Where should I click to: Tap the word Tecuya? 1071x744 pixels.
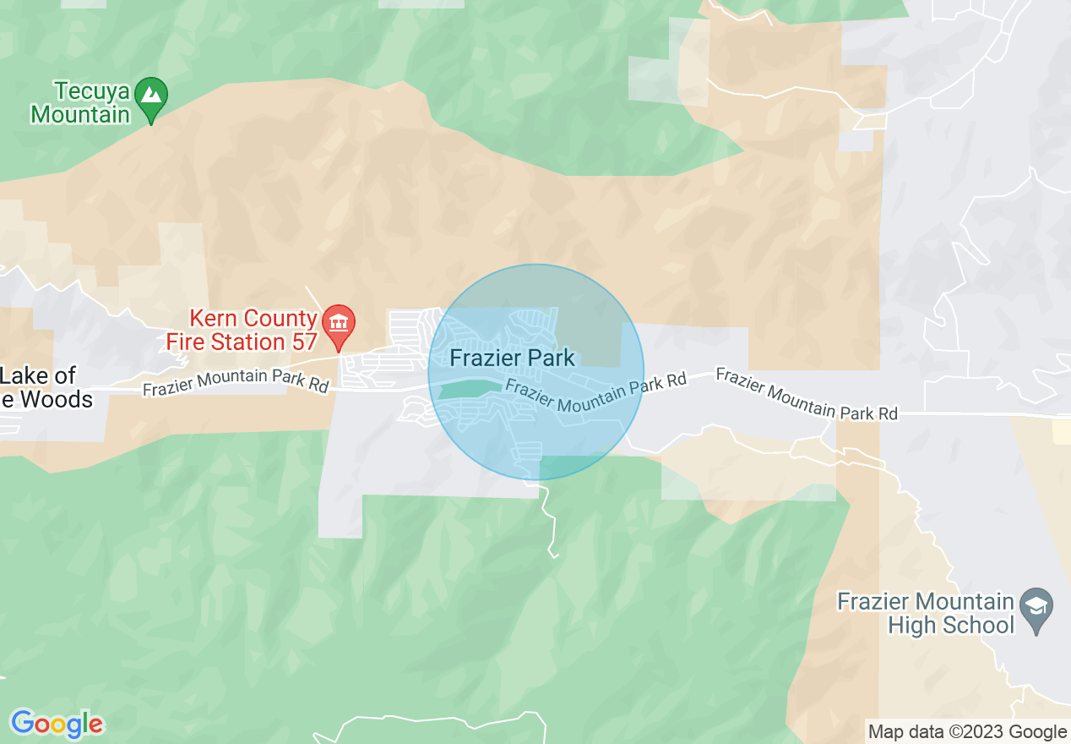tap(91, 90)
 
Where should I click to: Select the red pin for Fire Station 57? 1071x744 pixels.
tap(340, 326)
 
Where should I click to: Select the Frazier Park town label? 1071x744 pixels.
tap(512, 358)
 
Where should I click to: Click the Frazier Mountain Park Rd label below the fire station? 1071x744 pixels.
tap(236, 382)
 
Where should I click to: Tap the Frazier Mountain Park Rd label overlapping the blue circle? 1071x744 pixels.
tap(596, 395)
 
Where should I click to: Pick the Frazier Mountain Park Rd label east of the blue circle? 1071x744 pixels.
tap(807, 394)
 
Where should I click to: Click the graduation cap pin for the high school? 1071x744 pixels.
tap(1036, 607)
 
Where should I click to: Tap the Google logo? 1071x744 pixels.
tap(57, 724)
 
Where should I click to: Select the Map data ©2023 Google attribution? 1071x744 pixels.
tap(967, 732)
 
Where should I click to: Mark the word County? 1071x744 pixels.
tap(280, 319)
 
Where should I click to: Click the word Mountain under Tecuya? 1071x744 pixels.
tap(80, 113)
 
